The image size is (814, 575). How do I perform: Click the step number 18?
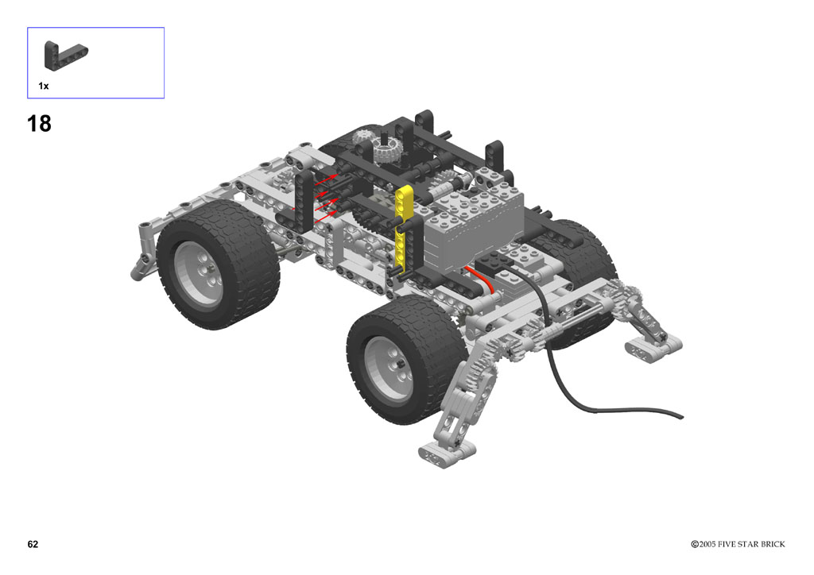39,123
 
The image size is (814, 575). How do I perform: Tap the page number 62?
33,544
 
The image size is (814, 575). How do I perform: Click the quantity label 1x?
44,86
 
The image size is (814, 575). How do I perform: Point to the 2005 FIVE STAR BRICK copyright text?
738,544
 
